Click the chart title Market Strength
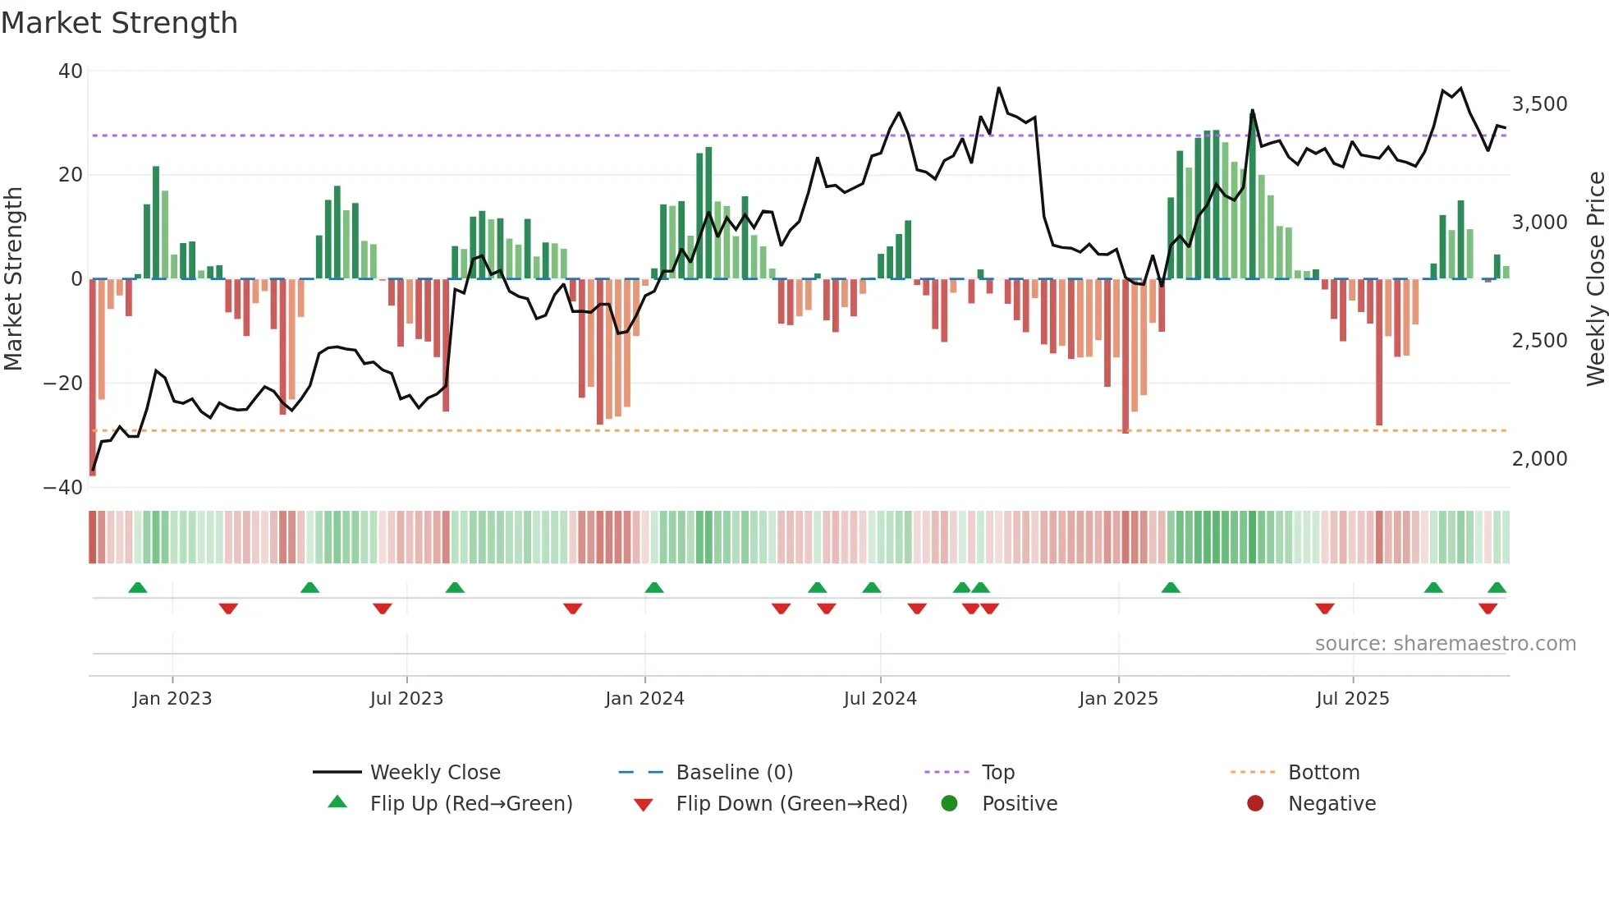tap(119, 23)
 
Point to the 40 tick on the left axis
tap(71, 71)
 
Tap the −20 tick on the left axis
tap(63, 384)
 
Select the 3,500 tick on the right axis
tap(1539, 104)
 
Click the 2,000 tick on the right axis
tap(1539, 459)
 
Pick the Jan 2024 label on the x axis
tap(644, 699)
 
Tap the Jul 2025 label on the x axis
tap(1352, 699)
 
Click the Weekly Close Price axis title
tap(1595, 279)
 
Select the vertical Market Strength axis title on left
tap(14, 279)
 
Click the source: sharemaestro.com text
tap(1445, 644)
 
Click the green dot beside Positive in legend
tap(950, 804)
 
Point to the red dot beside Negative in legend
tap(1255, 804)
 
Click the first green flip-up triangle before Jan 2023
tap(138, 588)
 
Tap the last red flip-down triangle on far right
tap(1488, 609)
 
